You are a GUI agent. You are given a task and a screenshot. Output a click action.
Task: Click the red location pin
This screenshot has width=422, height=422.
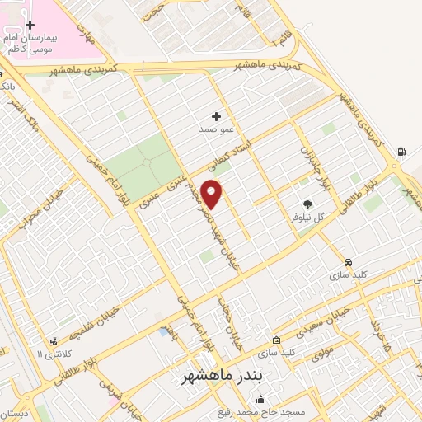pyautogui.click(x=212, y=194)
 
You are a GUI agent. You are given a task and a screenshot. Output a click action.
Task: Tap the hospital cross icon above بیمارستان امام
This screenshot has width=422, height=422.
pyautogui.click(x=30, y=25)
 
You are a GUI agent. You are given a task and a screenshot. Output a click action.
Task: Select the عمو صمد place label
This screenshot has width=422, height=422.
pyautogui.click(x=216, y=130)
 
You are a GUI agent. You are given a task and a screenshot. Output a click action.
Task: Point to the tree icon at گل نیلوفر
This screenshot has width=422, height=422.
pyautogui.click(x=308, y=204)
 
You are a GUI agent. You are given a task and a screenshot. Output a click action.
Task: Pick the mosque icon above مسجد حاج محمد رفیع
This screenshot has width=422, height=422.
pyautogui.click(x=261, y=400)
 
